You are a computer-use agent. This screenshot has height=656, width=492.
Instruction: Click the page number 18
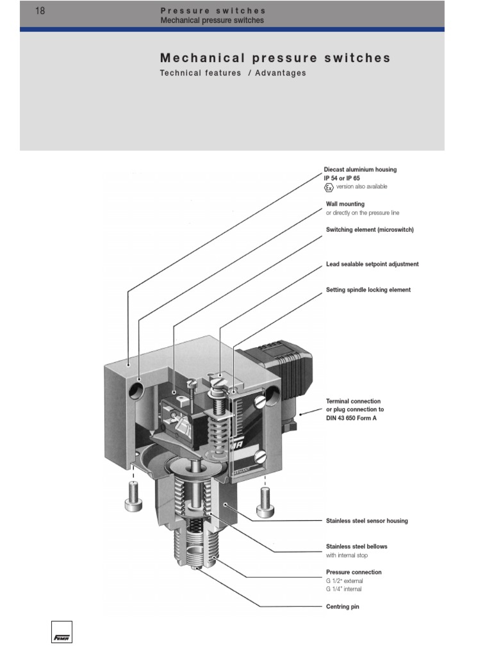40,10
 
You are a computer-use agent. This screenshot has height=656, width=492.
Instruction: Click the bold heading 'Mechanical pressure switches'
275,58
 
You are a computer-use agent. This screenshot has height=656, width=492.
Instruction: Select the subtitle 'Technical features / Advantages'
233,73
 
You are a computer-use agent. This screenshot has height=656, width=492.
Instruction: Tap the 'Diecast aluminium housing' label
361,170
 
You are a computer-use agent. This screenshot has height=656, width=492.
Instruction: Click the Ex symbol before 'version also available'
329,187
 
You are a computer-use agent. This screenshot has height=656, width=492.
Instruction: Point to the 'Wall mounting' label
345,204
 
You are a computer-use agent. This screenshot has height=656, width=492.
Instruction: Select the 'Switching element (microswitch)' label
370,230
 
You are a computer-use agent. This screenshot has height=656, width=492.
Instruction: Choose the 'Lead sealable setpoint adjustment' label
372,264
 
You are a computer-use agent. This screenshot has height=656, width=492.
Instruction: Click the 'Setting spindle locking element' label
368,290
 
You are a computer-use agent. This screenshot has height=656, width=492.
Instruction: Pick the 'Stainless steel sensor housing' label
366,521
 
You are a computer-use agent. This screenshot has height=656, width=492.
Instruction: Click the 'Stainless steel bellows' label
357,546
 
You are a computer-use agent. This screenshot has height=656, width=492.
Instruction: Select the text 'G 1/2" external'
345,581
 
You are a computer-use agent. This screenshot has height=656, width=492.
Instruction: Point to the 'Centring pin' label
343,607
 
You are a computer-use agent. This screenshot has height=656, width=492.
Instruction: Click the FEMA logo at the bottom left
62,632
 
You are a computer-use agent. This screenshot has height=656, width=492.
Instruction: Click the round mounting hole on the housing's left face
138,389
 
